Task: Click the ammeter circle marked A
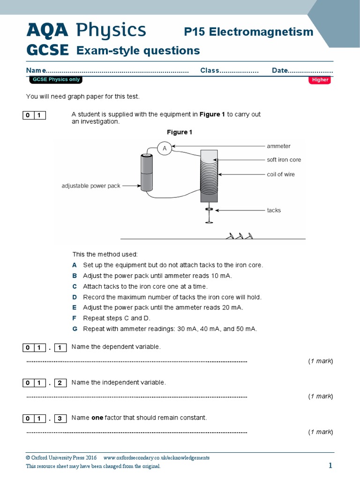click(165, 149)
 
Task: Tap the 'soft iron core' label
click(284, 160)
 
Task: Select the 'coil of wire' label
click(281, 174)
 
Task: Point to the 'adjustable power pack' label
click(91, 186)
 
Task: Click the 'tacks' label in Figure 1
click(274, 210)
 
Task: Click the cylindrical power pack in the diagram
click(147, 173)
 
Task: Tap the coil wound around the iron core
click(209, 174)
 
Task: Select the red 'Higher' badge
click(320, 80)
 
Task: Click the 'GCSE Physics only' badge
click(56, 80)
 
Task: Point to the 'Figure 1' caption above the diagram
click(180, 132)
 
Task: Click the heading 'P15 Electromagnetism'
click(248, 31)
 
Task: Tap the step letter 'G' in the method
click(75, 329)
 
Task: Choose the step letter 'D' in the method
click(75, 297)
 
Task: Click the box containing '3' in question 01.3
click(60, 418)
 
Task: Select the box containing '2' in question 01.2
click(60, 383)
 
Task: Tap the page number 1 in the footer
click(330, 465)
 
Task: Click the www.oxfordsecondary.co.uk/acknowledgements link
click(156, 457)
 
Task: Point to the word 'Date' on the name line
click(279, 70)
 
